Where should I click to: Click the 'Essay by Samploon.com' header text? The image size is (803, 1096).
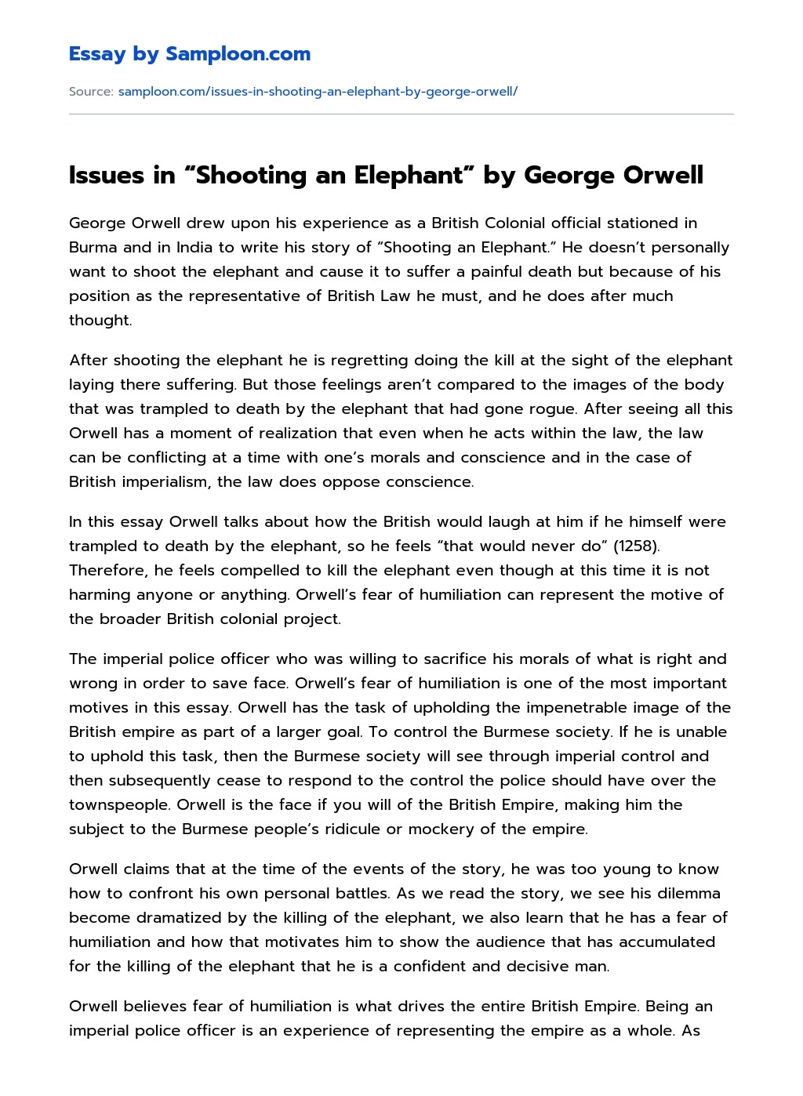pyautogui.click(x=189, y=54)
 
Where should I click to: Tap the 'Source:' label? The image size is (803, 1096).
pyautogui.click(x=91, y=92)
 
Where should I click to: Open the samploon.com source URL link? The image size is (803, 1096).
pyautogui.click(x=318, y=92)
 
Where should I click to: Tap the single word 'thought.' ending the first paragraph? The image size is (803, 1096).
pyautogui.click(x=100, y=320)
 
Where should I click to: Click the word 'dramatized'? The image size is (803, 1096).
pyautogui.click(x=183, y=917)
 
